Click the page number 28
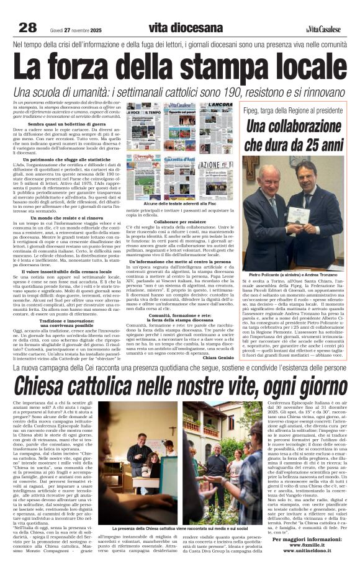point(27,27)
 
